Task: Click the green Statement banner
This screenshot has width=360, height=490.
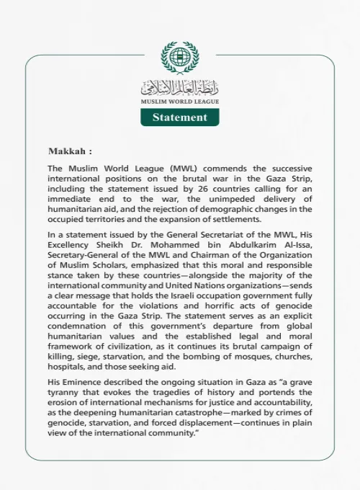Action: coord(179,117)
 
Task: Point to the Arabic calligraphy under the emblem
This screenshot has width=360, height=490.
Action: coord(179,89)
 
